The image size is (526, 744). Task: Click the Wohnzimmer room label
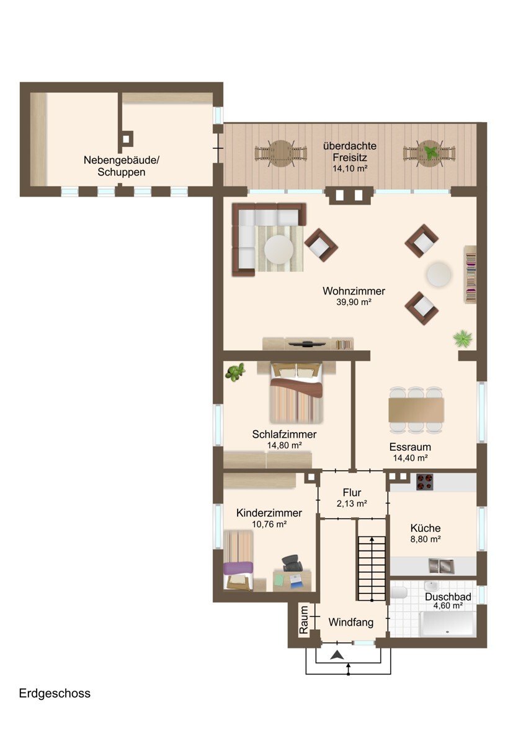pyautogui.click(x=354, y=291)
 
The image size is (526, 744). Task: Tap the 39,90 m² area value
pyautogui.click(x=354, y=303)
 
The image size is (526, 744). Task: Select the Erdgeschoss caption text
pyautogui.click(x=55, y=694)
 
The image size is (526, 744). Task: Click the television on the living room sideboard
pyautogui.click(x=306, y=343)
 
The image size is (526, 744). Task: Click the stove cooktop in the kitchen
pyautogui.click(x=425, y=482)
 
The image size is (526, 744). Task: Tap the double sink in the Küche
pyautogui.click(x=441, y=566)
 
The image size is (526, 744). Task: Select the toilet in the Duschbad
pyautogui.click(x=399, y=592)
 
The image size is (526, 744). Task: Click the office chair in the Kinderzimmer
pyautogui.click(x=292, y=563)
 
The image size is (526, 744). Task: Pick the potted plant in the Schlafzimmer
pyautogui.click(x=235, y=372)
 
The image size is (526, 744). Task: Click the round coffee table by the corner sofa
pyautogui.click(x=279, y=250)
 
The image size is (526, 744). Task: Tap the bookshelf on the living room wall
pyautogui.click(x=470, y=274)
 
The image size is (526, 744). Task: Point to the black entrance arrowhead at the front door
pyautogui.click(x=338, y=655)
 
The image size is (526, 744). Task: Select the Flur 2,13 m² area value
pyautogui.click(x=352, y=503)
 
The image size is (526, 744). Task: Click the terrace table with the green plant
pyautogui.click(x=429, y=154)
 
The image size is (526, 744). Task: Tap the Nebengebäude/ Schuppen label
pyautogui.click(x=122, y=166)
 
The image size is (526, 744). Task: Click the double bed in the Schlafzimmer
pyautogui.click(x=296, y=393)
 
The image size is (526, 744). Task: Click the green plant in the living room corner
pyautogui.click(x=463, y=339)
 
